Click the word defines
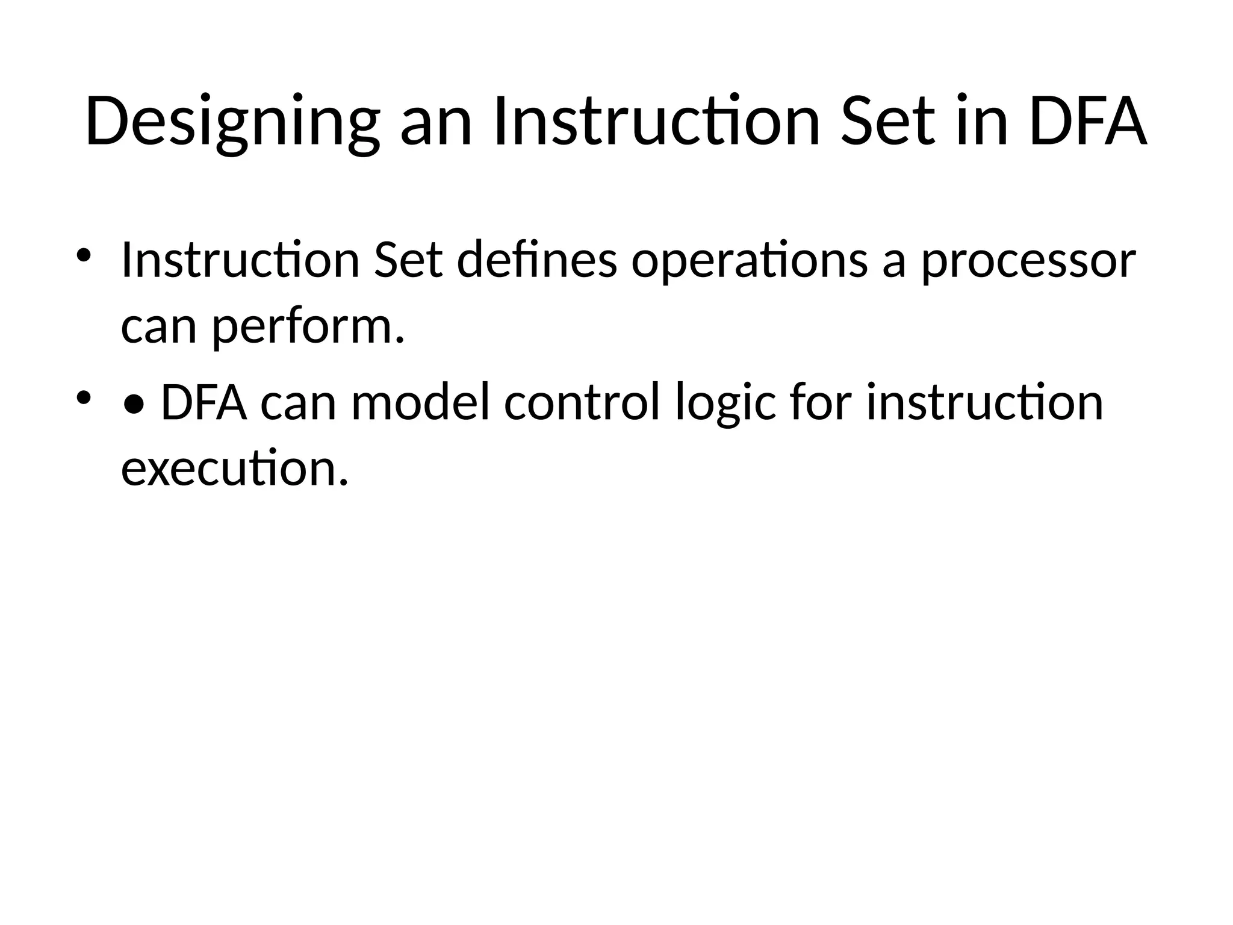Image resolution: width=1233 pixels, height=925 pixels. [x=537, y=260]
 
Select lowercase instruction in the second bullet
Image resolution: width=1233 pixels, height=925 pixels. [x=984, y=403]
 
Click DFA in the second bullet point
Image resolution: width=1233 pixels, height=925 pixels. [x=204, y=403]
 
